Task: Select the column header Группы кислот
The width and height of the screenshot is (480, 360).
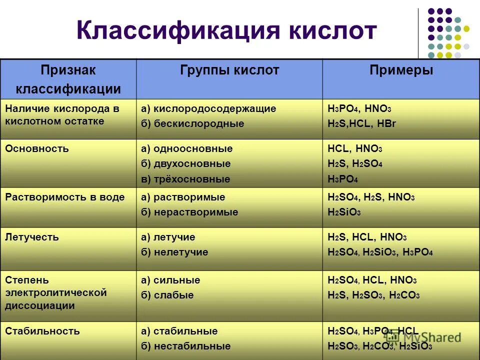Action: (229, 70)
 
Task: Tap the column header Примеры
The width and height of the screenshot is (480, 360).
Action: (401, 70)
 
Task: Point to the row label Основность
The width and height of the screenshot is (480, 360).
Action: (37, 148)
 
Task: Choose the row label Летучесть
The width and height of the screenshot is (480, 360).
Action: (32, 237)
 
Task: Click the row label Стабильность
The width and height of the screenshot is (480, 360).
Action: (42, 331)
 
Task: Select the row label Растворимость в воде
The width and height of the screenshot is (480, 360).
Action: (65, 197)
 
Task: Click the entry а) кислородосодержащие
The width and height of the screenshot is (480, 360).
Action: (208, 108)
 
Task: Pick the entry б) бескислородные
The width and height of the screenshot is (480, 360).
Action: (192, 123)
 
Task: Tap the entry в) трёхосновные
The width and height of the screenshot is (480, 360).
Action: (185, 179)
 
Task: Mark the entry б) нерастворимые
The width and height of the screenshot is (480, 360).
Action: (189, 212)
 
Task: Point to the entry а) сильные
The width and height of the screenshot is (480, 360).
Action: (170, 280)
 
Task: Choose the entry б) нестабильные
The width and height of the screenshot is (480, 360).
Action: (185, 346)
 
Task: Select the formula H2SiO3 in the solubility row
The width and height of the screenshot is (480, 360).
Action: (344, 212)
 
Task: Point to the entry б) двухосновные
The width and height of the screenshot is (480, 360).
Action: (185, 164)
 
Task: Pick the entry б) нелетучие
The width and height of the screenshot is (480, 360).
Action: (174, 252)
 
